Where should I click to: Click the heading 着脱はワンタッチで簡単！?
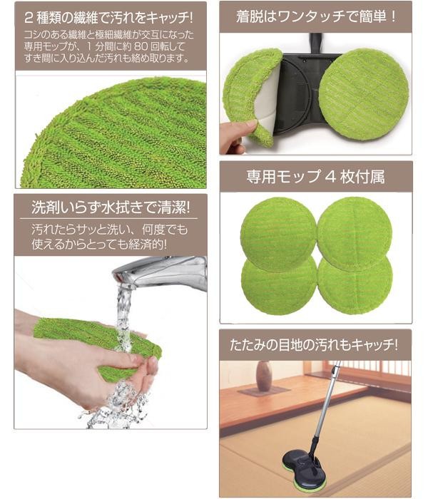pyautogui.click(x=316, y=16)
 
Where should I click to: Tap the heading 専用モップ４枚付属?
pyautogui.click(x=315, y=177)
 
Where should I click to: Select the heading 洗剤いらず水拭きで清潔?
pyautogui.click(x=111, y=207)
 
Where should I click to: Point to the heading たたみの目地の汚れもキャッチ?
pyautogui.click(x=314, y=345)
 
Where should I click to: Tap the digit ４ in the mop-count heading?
pyautogui.click(x=331, y=177)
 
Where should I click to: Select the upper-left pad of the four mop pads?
pyautogui.click(x=278, y=235)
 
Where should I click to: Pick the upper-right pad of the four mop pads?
pyautogui.click(x=355, y=233)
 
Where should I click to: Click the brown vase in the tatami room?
pyautogui.click(x=264, y=376)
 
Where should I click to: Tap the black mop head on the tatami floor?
pyautogui.click(x=301, y=464)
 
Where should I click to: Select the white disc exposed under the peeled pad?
pyautogui.click(x=267, y=96)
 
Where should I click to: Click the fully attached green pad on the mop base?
pyautogui.click(x=363, y=95)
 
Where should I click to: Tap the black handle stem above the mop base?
pyautogui.click(x=315, y=43)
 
